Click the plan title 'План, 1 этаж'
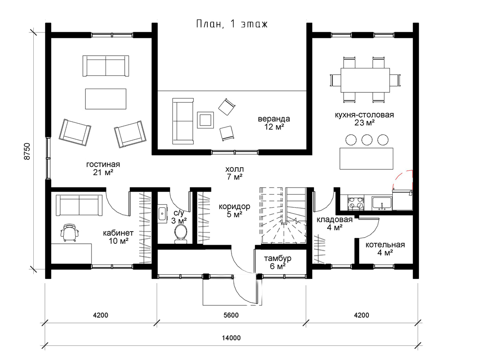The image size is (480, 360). click(232, 24)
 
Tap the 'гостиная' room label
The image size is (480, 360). click(103, 165)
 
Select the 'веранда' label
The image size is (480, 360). click(274, 119)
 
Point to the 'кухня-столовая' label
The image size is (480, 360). click(364, 115)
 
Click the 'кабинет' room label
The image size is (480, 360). click(118, 233)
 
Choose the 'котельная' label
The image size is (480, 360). click(385, 245)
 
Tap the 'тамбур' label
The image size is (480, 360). click(277, 258)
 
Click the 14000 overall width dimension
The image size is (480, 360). click(232, 338)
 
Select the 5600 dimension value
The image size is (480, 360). click(231, 315)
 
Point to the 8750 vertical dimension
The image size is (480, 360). click(27, 151)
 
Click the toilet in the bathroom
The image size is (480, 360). click(180, 234)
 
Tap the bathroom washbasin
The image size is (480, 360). click(163, 213)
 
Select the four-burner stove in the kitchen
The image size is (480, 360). click(356, 202)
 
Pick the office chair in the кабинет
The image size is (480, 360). click(70, 232)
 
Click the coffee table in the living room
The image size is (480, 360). click(105, 98)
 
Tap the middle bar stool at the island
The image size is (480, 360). click(367, 140)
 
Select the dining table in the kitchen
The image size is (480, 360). click(365, 80)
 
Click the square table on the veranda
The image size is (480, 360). click(205, 120)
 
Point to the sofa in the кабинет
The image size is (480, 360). click(79, 205)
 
